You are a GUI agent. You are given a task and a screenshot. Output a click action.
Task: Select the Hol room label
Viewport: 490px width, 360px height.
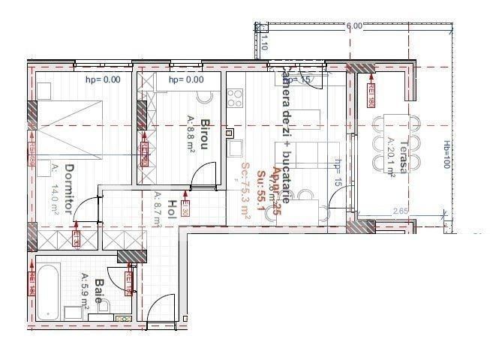(171, 209)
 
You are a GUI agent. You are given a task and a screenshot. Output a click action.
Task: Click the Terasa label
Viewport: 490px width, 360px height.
(403, 157)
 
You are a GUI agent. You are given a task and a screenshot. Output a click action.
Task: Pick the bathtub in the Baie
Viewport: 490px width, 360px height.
(50, 290)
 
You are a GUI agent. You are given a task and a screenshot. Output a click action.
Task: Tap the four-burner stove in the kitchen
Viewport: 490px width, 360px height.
(235, 98)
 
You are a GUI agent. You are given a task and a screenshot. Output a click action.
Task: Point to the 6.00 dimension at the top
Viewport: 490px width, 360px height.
(353, 26)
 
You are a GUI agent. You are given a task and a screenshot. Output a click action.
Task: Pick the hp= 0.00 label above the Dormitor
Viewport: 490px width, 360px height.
(103, 79)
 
